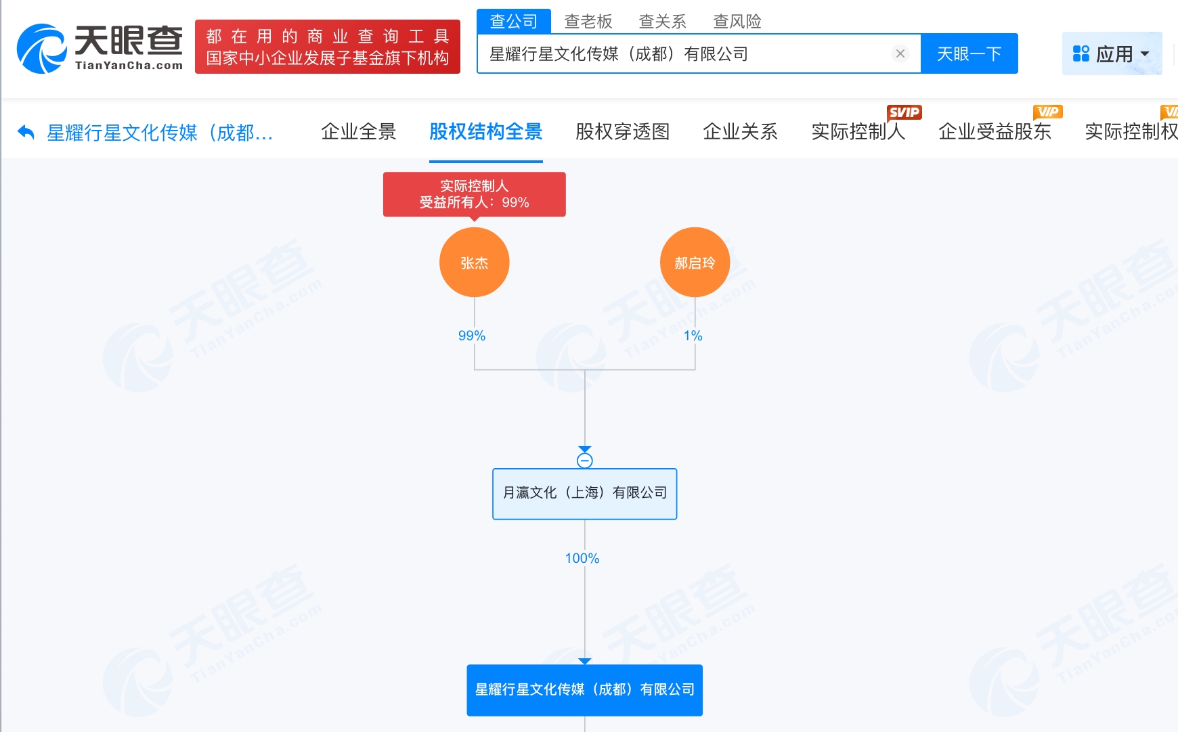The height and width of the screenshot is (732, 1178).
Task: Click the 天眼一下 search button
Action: point(969,53)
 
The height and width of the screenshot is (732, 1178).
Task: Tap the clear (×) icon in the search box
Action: point(900,53)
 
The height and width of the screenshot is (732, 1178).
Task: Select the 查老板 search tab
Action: point(588,22)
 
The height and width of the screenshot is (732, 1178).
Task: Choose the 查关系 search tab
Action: point(662,22)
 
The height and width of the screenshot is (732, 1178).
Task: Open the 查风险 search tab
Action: point(737,22)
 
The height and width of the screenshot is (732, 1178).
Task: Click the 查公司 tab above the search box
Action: point(513,22)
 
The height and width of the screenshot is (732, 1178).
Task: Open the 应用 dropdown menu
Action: point(1112,53)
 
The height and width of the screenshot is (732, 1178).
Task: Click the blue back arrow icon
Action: point(26,132)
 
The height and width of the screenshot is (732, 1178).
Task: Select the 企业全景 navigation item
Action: point(358,132)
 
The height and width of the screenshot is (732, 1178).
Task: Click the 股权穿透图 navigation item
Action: point(622,132)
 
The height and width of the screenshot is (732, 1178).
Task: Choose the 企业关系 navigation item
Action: point(740,132)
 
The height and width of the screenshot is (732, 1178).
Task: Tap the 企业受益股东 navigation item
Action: point(995,132)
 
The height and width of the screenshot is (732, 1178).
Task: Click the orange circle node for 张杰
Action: point(474,262)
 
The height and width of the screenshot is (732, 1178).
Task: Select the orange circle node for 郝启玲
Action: point(695,262)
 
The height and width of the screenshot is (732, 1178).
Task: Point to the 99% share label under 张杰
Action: point(472,336)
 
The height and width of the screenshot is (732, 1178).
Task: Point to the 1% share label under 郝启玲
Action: point(693,336)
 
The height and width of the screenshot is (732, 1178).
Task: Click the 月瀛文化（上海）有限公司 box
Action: point(584,493)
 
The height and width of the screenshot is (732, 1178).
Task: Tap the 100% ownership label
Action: point(582,558)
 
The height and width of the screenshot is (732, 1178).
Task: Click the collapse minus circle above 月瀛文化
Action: point(585,461)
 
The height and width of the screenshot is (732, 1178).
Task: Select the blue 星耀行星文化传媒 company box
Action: point(584,689)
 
